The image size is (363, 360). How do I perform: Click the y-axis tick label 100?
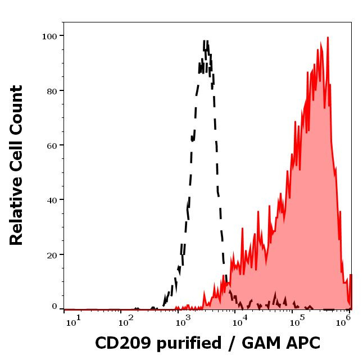50,36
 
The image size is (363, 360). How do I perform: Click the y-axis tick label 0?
55,307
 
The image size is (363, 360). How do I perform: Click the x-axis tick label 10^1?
74,321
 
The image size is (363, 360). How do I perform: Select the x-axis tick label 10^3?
184,321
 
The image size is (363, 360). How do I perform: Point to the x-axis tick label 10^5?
296,321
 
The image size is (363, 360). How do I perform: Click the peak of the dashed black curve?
206,41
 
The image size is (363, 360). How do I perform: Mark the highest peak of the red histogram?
327,38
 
